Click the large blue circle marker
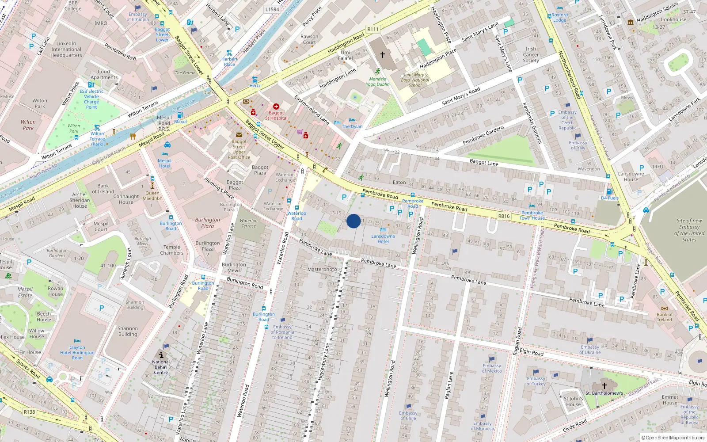[353, 221]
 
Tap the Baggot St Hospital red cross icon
[276, 107]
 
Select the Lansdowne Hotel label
[383, 239]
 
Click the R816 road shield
[504, 216]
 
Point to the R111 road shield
[373, 29]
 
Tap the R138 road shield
[29, 412]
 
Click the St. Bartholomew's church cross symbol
[604, 386]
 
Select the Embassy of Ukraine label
[590, 350]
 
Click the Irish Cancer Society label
[531, 55]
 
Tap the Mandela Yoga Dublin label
[377, 82]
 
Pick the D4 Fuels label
[610, 198]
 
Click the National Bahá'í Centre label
[161, 367]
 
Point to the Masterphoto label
[322, 269]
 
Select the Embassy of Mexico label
[492, 368]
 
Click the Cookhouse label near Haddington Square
[673, 19]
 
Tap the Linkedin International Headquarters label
[66, 50]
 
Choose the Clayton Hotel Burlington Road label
[77, 353]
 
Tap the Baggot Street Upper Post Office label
[239, 149]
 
